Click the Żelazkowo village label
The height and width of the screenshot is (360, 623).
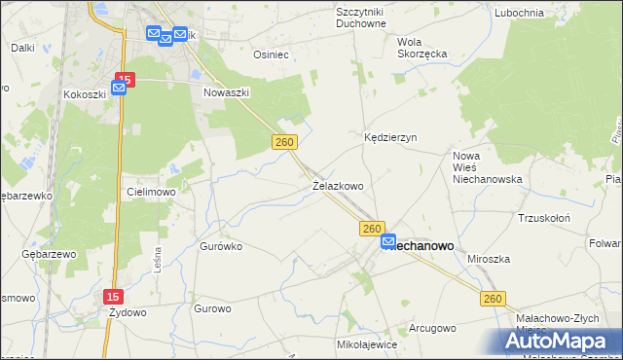(x=338, y=185)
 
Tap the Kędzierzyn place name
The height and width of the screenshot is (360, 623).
(x=390, y=138)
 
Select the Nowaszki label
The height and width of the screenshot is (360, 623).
(x=227, y=92)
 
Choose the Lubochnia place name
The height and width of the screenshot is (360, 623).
(x=518, y=12)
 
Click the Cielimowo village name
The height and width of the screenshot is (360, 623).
(x=150, y=192)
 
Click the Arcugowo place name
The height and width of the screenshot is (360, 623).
(x=432, y=328)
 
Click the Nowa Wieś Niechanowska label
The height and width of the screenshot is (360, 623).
(x=488, y=167)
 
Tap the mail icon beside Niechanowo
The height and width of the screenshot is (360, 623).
(x=388, y=241)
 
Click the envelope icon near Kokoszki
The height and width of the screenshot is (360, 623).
(x=119, y=88)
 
